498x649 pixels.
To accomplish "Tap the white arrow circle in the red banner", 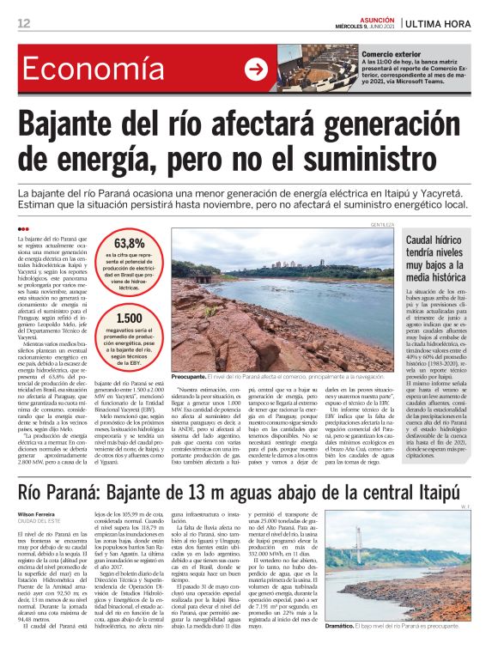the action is coord(256,70).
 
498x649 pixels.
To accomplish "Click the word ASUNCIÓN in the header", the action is coord(370,18).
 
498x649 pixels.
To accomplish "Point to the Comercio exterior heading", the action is coord(391,53).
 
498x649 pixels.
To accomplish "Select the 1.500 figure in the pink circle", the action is coord(129,318).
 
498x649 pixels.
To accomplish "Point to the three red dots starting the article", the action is coord(22,228).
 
